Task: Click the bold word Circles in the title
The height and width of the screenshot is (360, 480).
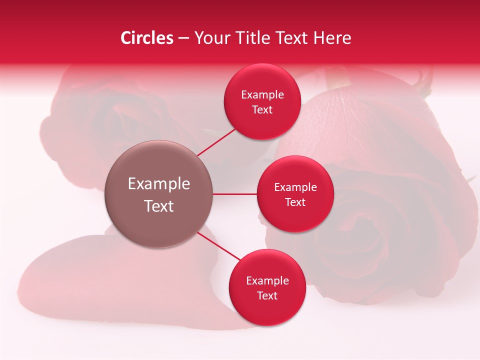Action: click(x=147, y=38)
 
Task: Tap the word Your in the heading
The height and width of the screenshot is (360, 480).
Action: click(x=212, y=38)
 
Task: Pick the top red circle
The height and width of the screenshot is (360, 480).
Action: click(x=262, y=80)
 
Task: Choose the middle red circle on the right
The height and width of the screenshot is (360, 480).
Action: click(x=295, y=220)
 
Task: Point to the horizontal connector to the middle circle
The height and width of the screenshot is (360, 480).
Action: click(x=235, y=194)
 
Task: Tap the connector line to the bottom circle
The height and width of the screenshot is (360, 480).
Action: click(x=219, y=246)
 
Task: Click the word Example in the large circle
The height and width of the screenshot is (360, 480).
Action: click(x=159, y=184)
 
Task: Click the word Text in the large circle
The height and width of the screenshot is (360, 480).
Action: click(x=159, y=206)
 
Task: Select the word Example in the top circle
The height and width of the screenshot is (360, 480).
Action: click(x=262, y=95)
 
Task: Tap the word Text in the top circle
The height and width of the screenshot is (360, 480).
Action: click(x=262, y=109)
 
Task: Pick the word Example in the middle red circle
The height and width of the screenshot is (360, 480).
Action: click(x=295, y=187)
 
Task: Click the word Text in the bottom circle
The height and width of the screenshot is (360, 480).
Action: click(x=267, y=295)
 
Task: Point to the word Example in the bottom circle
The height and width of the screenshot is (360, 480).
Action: click(x=267, y=281)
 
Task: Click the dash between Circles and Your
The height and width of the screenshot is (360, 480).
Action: click(x=183, y=38)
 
